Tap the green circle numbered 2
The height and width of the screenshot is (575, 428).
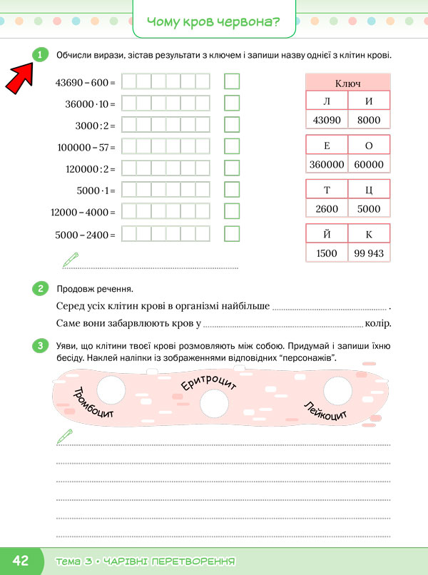pos(40,289)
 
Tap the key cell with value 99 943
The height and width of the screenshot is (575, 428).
pos(369,253)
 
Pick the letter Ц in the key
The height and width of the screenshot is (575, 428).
pos(369,190)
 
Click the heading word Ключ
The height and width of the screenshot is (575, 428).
pos(347,83)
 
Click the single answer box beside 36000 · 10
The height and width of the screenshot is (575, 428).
pos(231,103)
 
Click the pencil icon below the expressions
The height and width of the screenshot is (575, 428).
pos(70,258)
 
